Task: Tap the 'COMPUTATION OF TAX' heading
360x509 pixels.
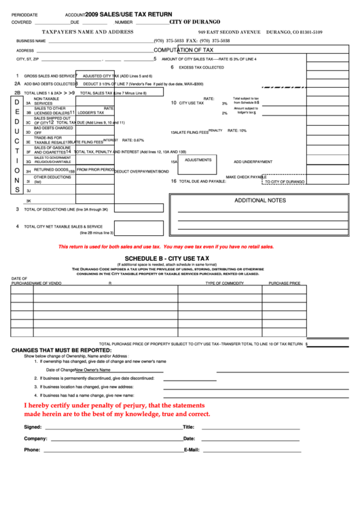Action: tap(183, 50)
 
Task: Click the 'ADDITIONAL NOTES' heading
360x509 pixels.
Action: tap(260, 200)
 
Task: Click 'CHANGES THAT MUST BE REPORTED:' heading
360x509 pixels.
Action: tap(61, 351)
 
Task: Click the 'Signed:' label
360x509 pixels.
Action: tap(33, 427)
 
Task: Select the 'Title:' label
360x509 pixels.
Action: tap(189, 427)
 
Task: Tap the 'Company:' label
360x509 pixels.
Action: tap(35, 438)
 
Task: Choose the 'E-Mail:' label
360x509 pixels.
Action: tap(191, 450)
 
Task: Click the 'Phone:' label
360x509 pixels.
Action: tap(32, 450)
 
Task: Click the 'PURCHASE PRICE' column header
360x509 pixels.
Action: tap(284, 282)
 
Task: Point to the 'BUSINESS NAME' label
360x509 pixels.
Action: tap(31, 41)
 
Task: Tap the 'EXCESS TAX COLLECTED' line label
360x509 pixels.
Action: tap(201, 67)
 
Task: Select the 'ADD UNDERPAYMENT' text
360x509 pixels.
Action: tap(253, 162)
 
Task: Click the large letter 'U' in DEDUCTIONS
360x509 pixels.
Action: tap(17, 131)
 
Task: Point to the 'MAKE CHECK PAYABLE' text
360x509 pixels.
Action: tap(245, 177)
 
